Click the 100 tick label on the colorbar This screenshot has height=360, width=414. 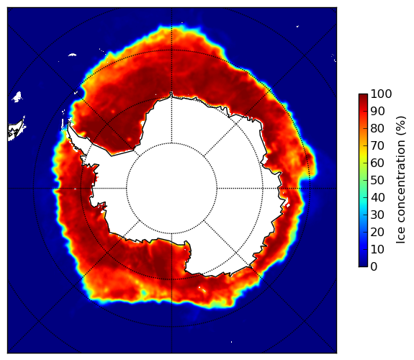(x=381, y=94)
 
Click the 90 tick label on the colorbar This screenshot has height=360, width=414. (x=377, y=111)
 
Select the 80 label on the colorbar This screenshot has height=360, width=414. (x=377, y=128)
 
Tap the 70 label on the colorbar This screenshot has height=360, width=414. (x=377, y=145)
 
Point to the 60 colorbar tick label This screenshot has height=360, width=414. (x=377, y=163)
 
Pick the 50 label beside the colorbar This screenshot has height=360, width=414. (x=377, y=180)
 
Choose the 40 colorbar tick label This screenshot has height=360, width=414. (x=377, y=197)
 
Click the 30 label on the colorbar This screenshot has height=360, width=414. (x=377, y=215)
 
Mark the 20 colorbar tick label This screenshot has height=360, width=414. (x=377, y=232)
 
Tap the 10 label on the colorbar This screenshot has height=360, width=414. (x=377, y=249)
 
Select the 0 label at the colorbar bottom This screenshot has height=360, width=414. (x=374, y=266)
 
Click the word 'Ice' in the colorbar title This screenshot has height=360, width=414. (x=401, y=236)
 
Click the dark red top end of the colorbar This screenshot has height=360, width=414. (x=363, y=96)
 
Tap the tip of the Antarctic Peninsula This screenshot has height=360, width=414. (x=69, y=123)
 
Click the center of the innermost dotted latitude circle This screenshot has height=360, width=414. (x=171, y=189)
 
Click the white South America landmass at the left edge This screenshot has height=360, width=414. (x=16, y=130)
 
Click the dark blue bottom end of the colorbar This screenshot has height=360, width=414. (x=363, y=264)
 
